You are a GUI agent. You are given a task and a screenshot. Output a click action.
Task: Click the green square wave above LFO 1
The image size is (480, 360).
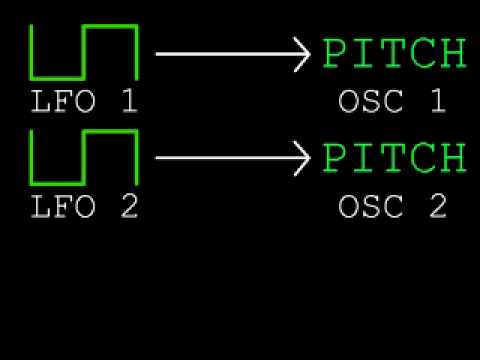[83, 52]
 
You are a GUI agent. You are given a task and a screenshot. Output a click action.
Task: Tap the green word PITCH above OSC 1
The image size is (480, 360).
[394, 54]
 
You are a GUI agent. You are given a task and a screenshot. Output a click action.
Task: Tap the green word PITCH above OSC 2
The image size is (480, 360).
[394, 158]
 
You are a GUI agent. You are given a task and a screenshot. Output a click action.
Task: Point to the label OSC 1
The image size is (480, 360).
[392, 102]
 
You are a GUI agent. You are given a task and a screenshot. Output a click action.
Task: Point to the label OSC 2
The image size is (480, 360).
[392, 207]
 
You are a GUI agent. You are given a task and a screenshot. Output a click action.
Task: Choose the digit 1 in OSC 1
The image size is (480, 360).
[436, 102]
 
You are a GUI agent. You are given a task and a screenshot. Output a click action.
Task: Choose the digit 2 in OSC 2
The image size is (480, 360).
[436, 207]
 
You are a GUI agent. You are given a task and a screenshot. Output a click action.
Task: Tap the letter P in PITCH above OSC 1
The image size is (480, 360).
[335, 54]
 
